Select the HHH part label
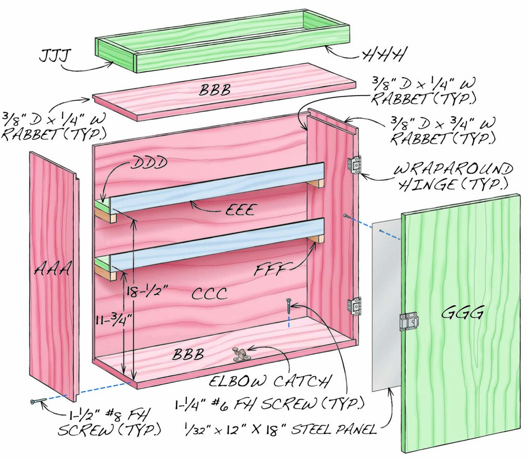coord(384,53)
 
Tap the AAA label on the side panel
coord(53,269)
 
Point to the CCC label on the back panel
coord(209,293)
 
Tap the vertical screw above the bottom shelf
coord(289,309)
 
